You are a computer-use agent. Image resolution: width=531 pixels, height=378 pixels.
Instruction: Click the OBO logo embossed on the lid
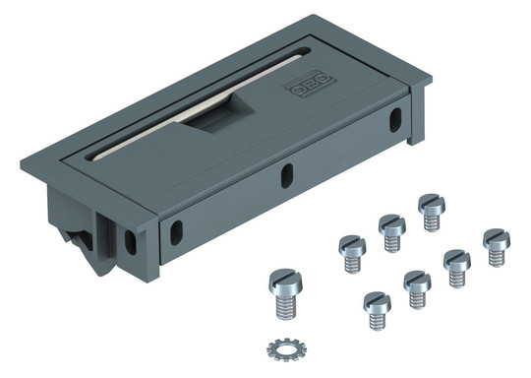[x=310, y=85]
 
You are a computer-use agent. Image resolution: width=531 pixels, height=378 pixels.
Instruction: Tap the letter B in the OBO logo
[x=311, y=85]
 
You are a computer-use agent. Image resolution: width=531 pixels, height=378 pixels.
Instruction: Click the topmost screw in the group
[x=431, y=213]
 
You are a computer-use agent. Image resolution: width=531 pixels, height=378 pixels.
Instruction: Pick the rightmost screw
[x=497, y=247]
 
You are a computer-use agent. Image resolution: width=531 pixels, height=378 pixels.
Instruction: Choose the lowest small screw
[x=377, y=311]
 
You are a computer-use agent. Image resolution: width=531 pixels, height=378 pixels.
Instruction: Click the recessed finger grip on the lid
[x=218, y=114]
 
